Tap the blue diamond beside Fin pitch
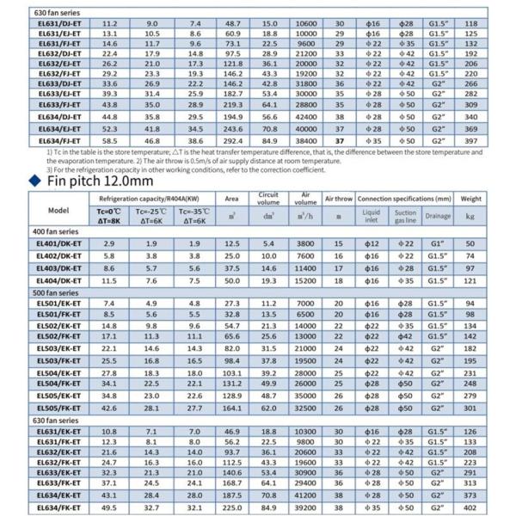tap(35, 181)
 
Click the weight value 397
tap(494, 139)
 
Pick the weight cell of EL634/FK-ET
tap(494, 507)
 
